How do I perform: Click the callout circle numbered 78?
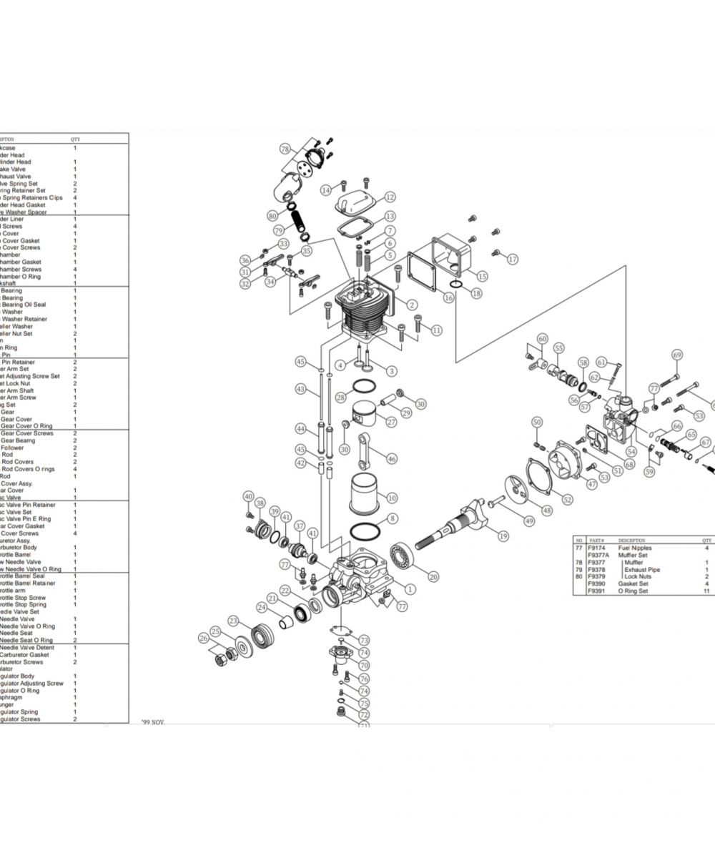[x=285, y=149]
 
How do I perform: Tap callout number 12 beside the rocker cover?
[x=390, y=197]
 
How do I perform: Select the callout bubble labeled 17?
[x=513, y=259]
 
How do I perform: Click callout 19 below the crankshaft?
[x=503, y=536]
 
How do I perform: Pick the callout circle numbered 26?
[x=204, y=638]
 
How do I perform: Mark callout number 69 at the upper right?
[x=677, y=355]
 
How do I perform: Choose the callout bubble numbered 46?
[x=392, y=458]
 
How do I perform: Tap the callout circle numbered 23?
[x=233, y=621]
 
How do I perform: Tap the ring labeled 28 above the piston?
[x=364, y=388]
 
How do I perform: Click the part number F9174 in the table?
[x=596, y=548]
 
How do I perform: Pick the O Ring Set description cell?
[x=633, y=591]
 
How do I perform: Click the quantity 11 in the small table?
[x=706, y=591]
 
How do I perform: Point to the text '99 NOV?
[x=153, y=723]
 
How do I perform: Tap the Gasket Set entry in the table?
[x=632, y=584]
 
